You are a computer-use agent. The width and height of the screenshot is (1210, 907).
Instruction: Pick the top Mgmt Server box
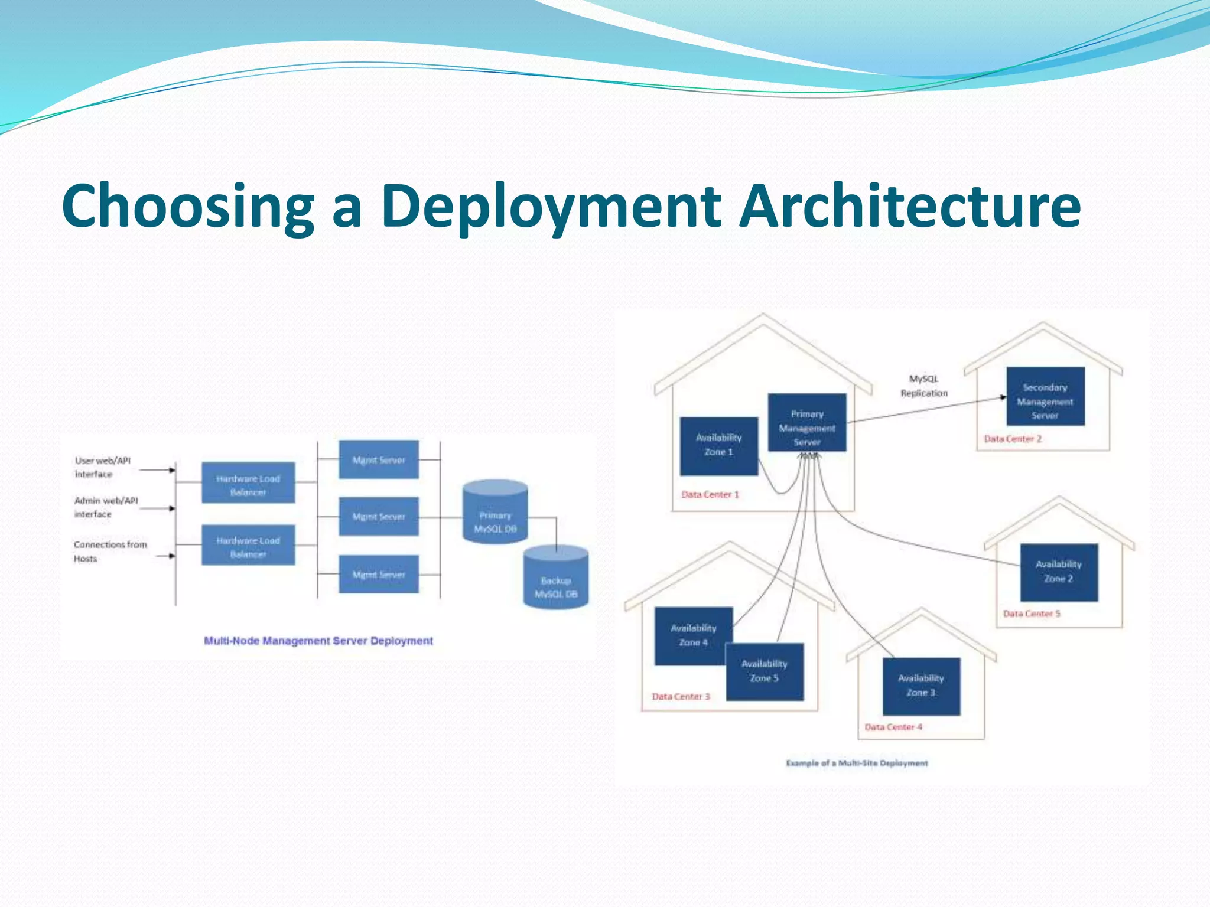tap(379, 459)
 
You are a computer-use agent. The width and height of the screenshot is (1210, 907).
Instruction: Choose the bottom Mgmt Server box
tap(379, 574)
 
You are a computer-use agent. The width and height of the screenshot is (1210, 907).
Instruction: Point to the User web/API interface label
tap(102, 467)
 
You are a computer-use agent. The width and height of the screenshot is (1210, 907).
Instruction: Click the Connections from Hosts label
tap(109, 551)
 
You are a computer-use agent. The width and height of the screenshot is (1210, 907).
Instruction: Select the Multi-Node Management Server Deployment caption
tap(318, 641)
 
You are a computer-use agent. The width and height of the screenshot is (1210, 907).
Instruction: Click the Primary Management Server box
tap(807, 423)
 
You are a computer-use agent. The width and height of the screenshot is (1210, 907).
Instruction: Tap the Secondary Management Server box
tap(1045, 396)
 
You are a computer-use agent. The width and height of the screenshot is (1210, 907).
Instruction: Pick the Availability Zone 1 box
tap(718, 446)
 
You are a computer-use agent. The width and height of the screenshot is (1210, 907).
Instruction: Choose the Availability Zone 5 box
tap(765, 672)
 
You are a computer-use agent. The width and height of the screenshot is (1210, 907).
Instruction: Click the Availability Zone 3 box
tap(921, 686)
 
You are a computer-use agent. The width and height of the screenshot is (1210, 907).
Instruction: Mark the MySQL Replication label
tap(923, 386)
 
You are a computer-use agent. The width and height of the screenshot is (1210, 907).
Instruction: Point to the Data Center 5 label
tap(1032, 614)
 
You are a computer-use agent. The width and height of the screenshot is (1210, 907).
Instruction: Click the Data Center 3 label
tap(681, 696)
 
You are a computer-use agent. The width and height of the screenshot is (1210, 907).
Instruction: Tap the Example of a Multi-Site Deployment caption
tap(857, 763)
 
